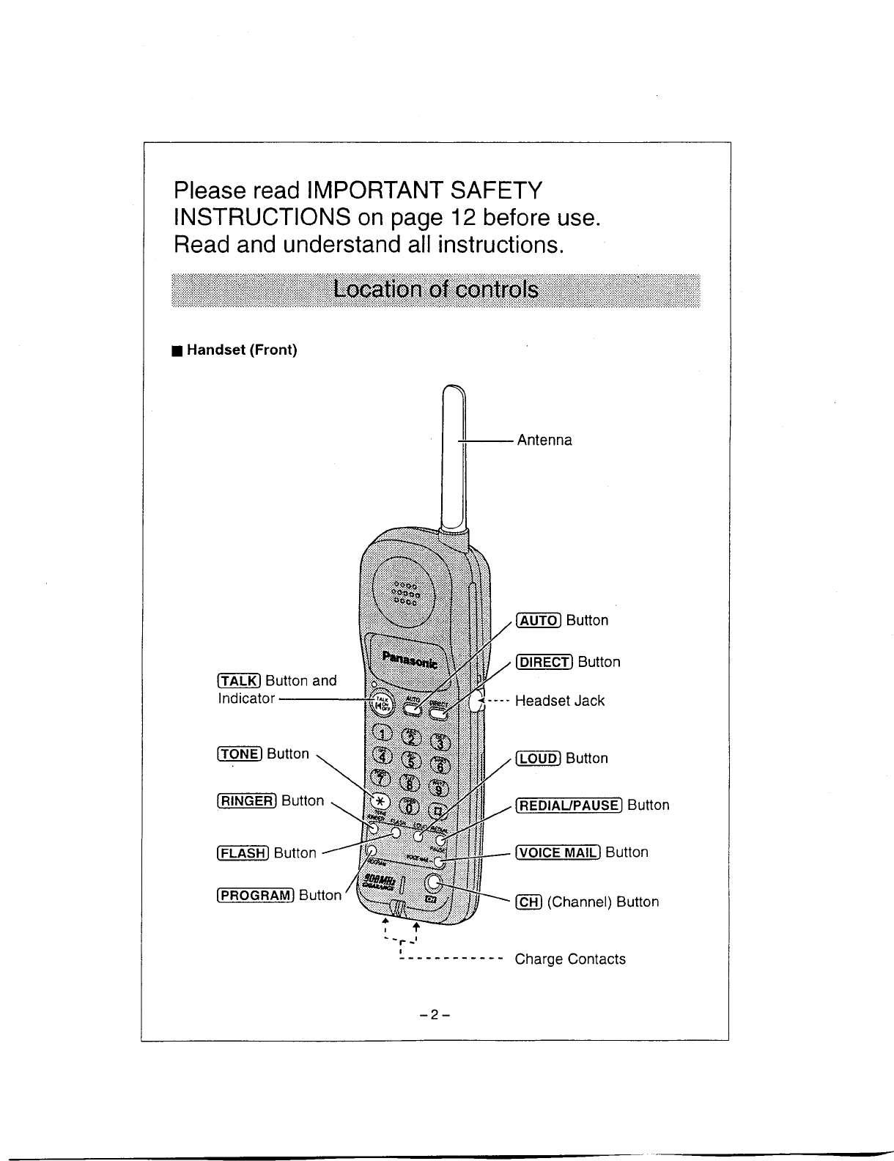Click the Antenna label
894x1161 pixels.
(544, 441)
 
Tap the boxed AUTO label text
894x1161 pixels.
(539, 621)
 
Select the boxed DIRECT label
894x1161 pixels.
(544, 663)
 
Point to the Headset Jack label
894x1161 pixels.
(560, 701)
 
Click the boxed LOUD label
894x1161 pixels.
(539, 759)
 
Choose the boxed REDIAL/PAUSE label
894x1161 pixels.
(569, 806)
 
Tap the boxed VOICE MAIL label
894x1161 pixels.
(558, 852)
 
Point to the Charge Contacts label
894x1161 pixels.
(570, 959)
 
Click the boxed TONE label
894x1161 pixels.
(240, 754)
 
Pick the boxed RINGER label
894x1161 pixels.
(247, 801)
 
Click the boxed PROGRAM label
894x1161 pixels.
(256, 895)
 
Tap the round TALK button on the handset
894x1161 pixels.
(382, 704)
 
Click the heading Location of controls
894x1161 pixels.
(435, 290)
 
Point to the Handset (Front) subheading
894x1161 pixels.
(241, 350)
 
